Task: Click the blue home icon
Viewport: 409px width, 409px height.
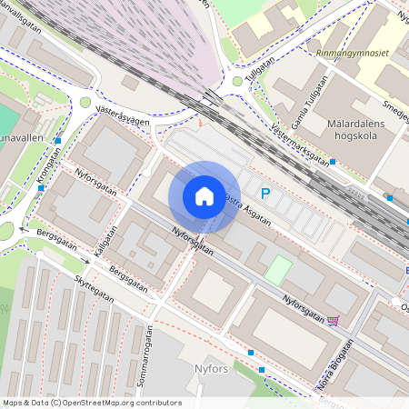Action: click(204, 195)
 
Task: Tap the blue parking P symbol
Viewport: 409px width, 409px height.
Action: click(265, 193)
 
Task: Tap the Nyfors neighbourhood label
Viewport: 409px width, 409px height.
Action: click(213, 368)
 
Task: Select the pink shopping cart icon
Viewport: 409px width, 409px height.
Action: click(333, 320)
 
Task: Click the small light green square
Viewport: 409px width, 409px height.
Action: click(278, 269)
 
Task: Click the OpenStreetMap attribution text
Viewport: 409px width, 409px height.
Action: click(92, 402)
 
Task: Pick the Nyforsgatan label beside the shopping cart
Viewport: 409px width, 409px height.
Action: click(303, 307)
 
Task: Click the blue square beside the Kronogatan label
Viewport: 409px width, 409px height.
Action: click(58, 141)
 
